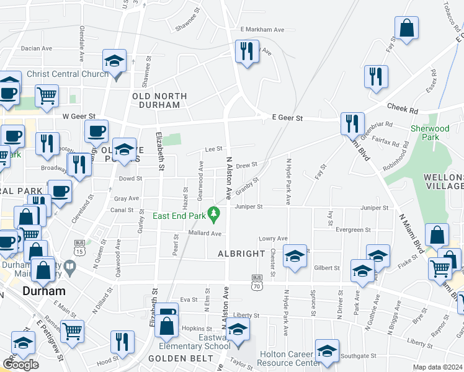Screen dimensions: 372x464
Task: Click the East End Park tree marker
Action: point(215,215)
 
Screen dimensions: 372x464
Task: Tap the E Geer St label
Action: point(287,117)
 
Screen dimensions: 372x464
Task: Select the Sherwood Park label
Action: point(430,133)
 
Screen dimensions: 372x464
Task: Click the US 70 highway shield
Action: point(258,281)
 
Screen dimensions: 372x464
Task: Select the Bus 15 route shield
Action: point(79,247)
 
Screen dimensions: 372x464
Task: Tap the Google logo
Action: point(20,365)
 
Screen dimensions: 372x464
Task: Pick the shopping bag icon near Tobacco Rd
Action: point(406,28)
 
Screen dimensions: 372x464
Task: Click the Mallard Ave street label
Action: point(205,234)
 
